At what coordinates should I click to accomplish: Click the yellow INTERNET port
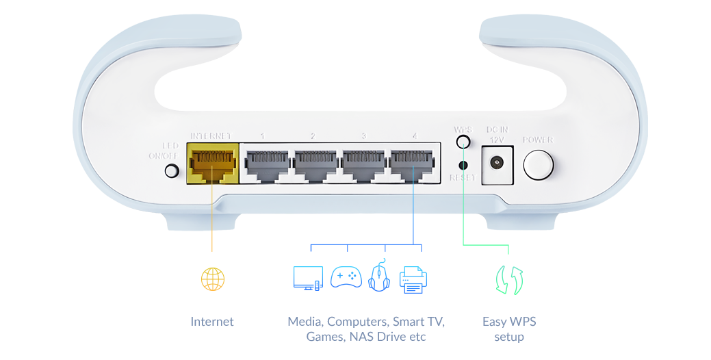(x=212, y=164)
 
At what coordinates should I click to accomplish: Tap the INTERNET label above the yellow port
(x=211, y=136)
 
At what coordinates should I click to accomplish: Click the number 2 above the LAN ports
(x=313, y=136)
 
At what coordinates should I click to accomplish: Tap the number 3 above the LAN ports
(x=363, y=136)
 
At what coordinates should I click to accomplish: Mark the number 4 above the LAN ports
(x=414, y=136)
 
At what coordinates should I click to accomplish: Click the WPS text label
(x=463, y=129)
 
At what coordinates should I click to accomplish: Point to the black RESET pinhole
(x=463, y=164)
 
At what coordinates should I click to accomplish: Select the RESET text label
(x=463, y=178)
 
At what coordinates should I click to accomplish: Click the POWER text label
(x=538, y=140)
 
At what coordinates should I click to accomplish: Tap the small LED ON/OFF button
(x=172, y=170)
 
